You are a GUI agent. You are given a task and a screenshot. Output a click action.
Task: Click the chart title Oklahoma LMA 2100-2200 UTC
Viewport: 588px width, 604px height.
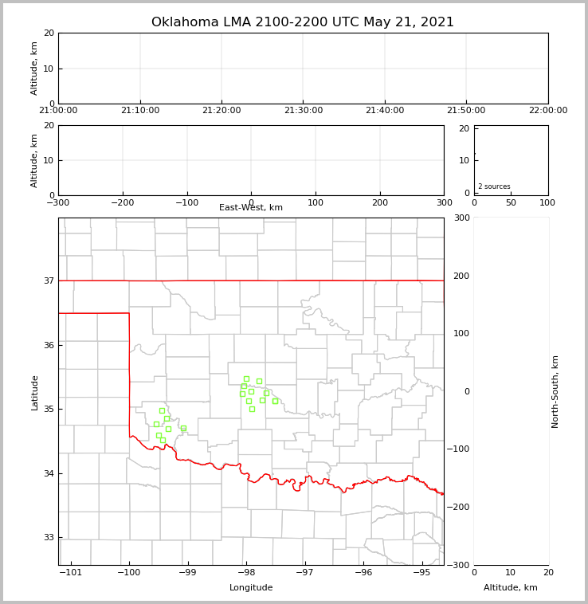[x=303, y=22]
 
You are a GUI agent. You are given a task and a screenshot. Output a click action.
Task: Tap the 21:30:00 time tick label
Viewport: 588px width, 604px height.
[x=303, y=111]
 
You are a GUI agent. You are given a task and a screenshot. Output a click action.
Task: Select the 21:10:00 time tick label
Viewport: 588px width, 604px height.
[x=140, y=111]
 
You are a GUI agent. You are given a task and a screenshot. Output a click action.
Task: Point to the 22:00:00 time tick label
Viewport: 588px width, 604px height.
[x=548, y=111]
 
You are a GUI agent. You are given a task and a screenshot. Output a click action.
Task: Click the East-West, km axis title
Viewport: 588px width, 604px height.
[x=251, y=208]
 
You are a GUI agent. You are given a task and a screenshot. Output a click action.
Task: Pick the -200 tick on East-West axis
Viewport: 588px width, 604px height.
[x=122, y=202]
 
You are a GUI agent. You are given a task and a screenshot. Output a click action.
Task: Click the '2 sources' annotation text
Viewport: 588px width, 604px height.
[x=494, y=186]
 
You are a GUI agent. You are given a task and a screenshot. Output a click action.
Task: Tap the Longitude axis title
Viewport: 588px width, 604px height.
[x=251, y=588]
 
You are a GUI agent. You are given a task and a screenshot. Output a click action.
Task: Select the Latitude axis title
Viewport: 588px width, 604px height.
[x=35, y=392]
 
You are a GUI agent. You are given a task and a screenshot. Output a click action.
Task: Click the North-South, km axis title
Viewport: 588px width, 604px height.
[x=556, y=392]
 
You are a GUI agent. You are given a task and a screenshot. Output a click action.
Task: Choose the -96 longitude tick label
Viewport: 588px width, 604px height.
[x=363, y=572]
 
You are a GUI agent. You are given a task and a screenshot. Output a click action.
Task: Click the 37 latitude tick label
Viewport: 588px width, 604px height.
[x=48, y=280]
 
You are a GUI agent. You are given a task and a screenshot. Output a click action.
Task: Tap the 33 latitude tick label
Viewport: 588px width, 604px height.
[x=48, y=537]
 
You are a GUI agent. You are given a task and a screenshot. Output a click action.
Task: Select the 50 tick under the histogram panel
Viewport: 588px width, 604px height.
[x=511, y=202]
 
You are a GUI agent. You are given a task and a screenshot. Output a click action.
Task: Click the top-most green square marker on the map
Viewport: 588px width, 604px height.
[x=246, y=378]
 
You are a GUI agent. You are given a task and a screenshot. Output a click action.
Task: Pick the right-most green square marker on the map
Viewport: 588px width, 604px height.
[x=275, y=401]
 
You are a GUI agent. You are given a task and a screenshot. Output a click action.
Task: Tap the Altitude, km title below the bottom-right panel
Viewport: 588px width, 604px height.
[x=511, y=588]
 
